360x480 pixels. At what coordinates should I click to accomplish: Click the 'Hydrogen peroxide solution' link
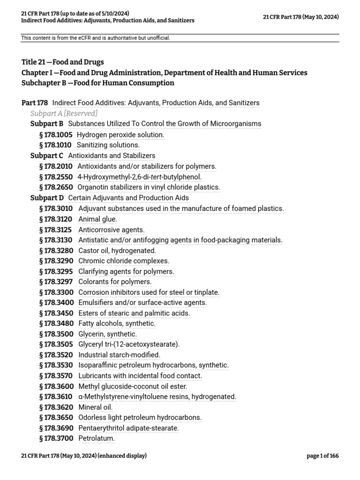click(x=120, y=135)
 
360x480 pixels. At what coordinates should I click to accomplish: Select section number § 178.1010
click(x=56, y=145)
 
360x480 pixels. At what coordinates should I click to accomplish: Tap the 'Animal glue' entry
click(x=97, y=219)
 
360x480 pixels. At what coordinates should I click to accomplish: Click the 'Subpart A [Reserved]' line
click(x=64, y=113)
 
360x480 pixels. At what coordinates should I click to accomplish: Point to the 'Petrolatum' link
click(x=96, y=438)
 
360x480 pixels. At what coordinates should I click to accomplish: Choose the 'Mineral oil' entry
click(x=95, y=407)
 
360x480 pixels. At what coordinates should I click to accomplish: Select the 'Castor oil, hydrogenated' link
click(x=117, y=251)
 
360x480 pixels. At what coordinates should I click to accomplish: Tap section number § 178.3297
click(x=56, y=282)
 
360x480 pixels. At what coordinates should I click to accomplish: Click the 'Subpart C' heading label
click(x=47, y=156)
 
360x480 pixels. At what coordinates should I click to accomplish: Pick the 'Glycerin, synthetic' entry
click(x=107, y=334)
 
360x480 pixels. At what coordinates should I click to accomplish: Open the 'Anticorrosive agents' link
click(x=111, y=230)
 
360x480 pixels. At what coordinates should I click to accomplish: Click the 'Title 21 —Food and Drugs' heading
click(x=63, y=62)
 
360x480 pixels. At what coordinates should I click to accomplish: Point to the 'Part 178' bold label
click(x=35, y=103)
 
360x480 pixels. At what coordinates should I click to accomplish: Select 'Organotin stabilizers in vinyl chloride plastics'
click(x=149, y=187)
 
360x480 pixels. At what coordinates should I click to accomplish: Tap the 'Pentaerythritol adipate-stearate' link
click(x=128, y=428)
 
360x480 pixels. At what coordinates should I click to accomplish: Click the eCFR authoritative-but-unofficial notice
click(x=96, y=38)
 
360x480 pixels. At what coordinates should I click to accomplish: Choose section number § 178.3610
click(x=56, y=397)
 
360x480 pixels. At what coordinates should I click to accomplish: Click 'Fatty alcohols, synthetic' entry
click(x=117, y=323)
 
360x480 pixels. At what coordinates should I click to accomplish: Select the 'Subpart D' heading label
click(x=47, y=198)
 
